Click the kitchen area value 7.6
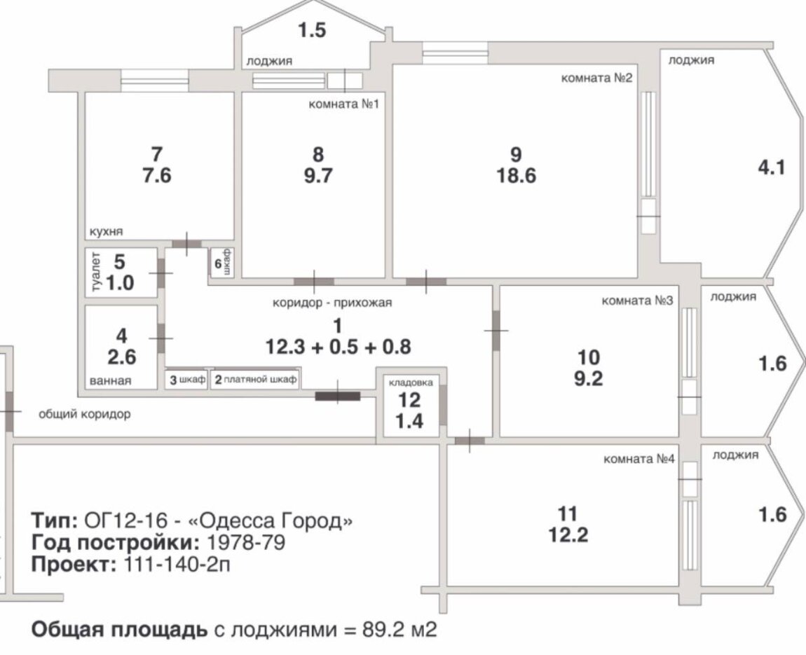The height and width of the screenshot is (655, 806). (157, 176)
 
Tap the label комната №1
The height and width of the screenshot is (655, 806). (343, 104)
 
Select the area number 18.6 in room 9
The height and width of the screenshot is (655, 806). (516, 176)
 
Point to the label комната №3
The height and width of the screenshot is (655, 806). (637, 301)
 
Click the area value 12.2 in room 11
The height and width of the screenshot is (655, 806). (568, 535)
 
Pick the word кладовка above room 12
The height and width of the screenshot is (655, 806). (411, 382)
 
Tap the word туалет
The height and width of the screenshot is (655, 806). (95, 273)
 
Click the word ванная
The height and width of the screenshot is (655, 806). (110, 380)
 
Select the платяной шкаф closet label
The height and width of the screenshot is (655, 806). (255, 380)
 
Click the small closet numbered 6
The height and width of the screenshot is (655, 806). (222, 263)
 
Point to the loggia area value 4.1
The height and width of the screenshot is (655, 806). (772, 168)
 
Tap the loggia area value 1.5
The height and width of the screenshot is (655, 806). (313, 30)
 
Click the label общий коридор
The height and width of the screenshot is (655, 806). (85, 414)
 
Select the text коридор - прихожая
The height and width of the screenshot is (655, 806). (332, 303)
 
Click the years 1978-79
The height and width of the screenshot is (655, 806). (246, 542)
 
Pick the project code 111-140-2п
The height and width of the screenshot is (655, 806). (177, 565)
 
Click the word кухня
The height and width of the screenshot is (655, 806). (107, 232)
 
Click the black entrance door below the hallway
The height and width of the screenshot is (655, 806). (337, 396)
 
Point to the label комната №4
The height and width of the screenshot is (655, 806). (639, 459)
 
